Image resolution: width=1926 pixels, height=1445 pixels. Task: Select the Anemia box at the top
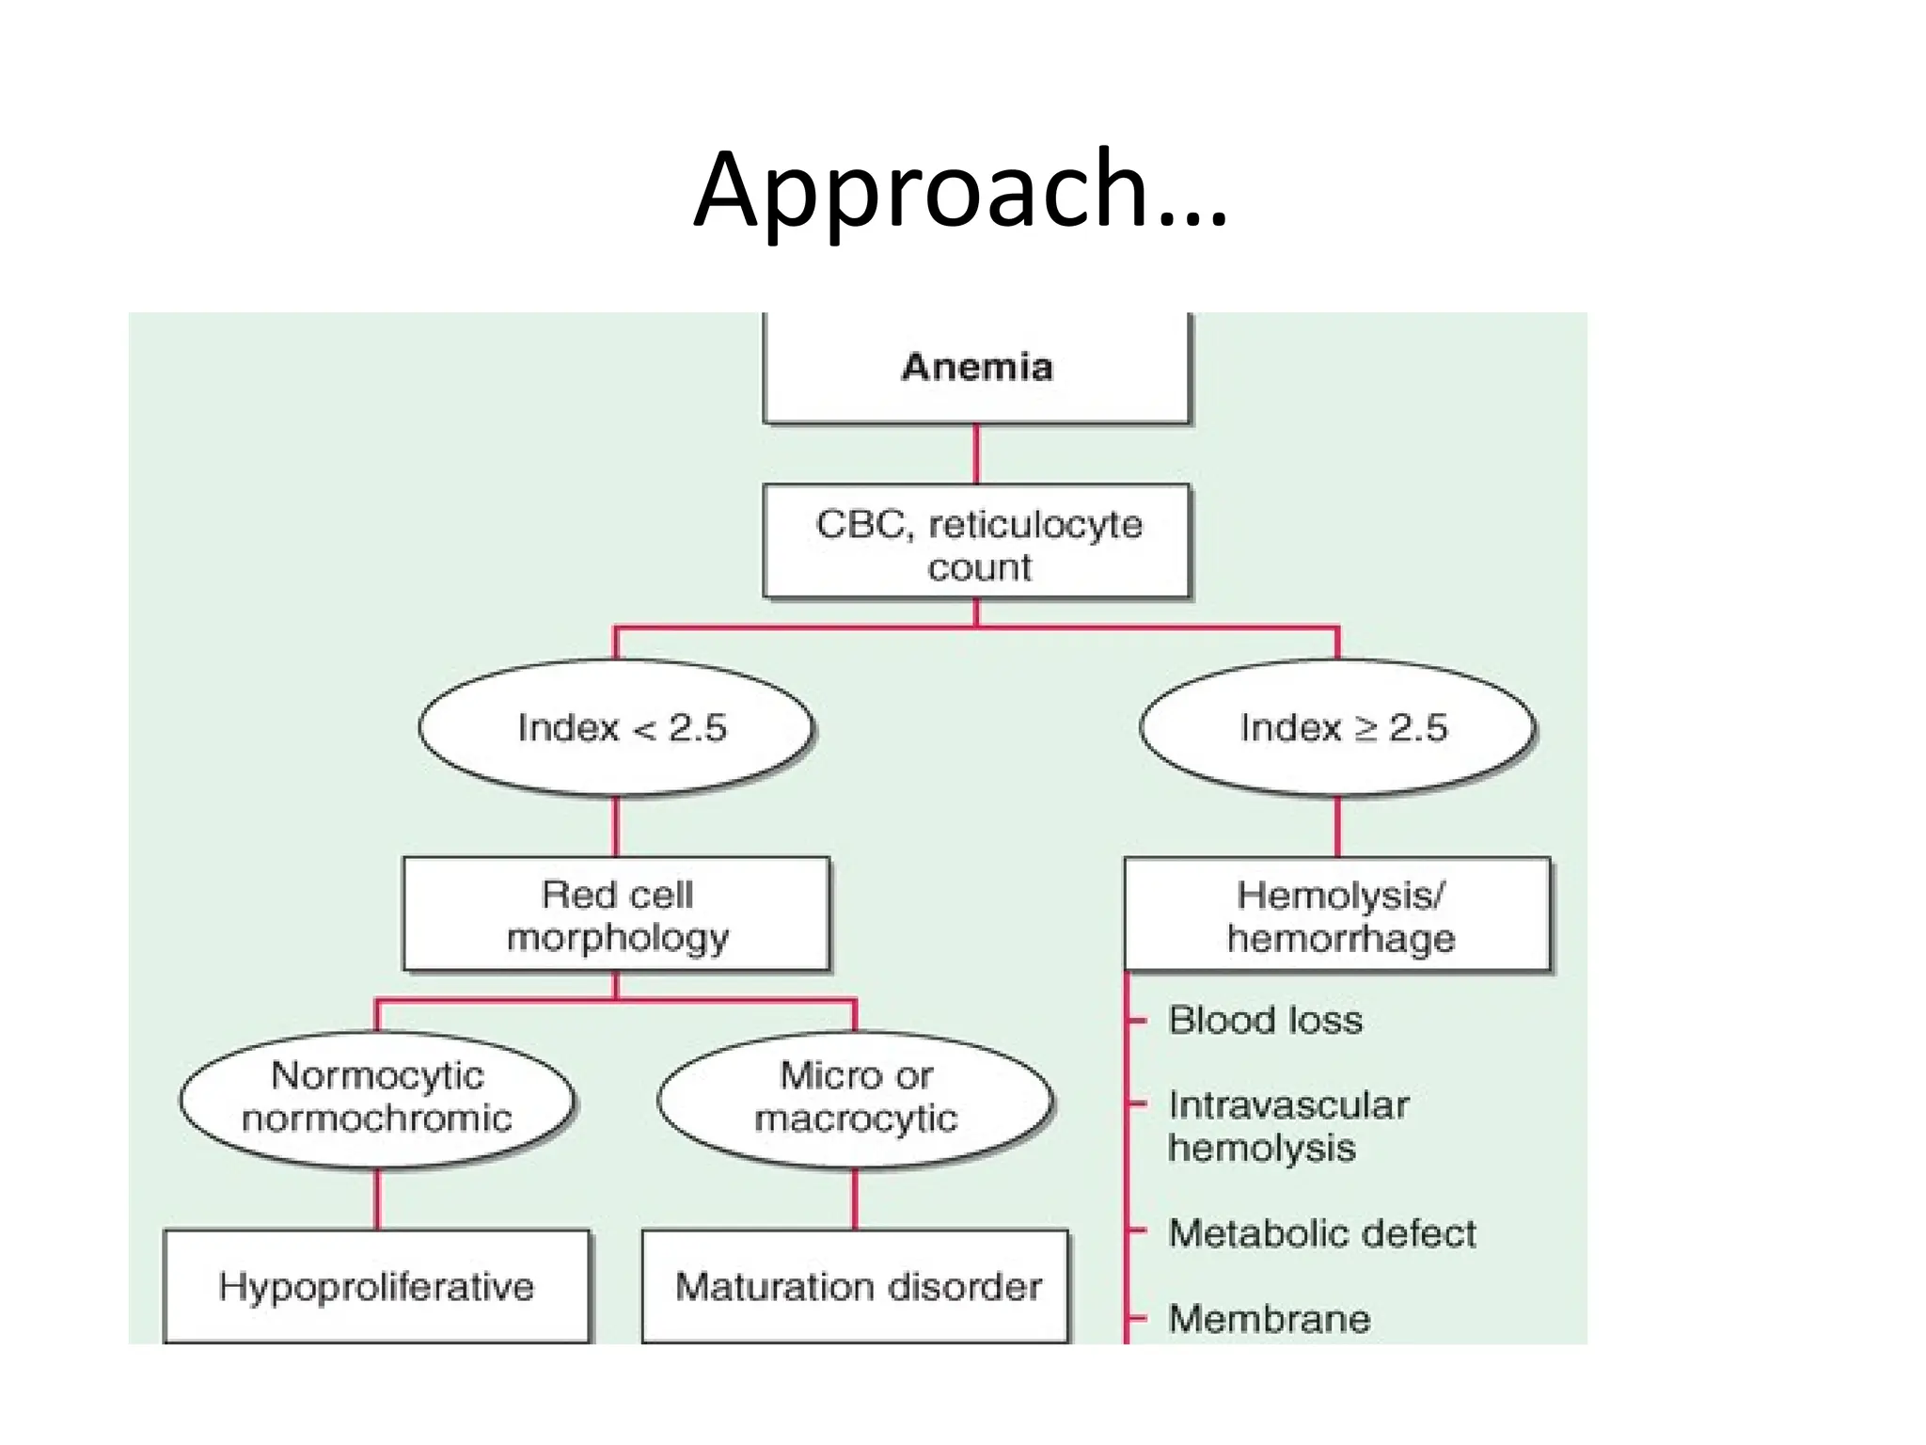click(x=976, y=367)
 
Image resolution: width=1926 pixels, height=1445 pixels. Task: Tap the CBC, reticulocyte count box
click(x=976, y=543)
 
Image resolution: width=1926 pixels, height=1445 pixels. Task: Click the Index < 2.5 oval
click(x=617, y=728)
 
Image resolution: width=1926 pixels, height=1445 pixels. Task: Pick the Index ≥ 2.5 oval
click(x=1337, y=728)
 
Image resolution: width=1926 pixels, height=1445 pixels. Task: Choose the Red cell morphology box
click(x=617, y=914)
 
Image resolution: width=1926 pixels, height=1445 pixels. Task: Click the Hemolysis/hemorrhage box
click(x=1337, y=915)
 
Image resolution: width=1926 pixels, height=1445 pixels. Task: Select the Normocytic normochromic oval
click(x=377, y=1098)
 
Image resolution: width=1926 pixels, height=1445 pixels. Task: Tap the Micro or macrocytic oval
click(x=855, y=1098)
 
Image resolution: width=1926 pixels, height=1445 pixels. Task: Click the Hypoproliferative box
click(x=376, y=1286)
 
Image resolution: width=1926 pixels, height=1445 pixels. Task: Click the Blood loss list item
click(x=1265, y=1021)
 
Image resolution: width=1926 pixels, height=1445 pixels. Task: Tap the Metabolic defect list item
click(x=1321, y=1233)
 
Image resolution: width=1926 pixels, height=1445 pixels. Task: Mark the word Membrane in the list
click(x=1269, y=1319)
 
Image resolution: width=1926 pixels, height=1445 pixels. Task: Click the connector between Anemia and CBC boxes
click(x=976, y=453)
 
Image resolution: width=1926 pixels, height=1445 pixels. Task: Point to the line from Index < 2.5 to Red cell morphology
click(x=616, y=827)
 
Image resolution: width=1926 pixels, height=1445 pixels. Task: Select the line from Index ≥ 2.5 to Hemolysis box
click(x=1337, y=827)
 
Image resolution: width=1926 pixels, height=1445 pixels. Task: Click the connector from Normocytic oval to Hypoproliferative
click(x=377, y=1199)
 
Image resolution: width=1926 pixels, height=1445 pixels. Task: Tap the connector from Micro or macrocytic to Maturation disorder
click(x=855, y=1199)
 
